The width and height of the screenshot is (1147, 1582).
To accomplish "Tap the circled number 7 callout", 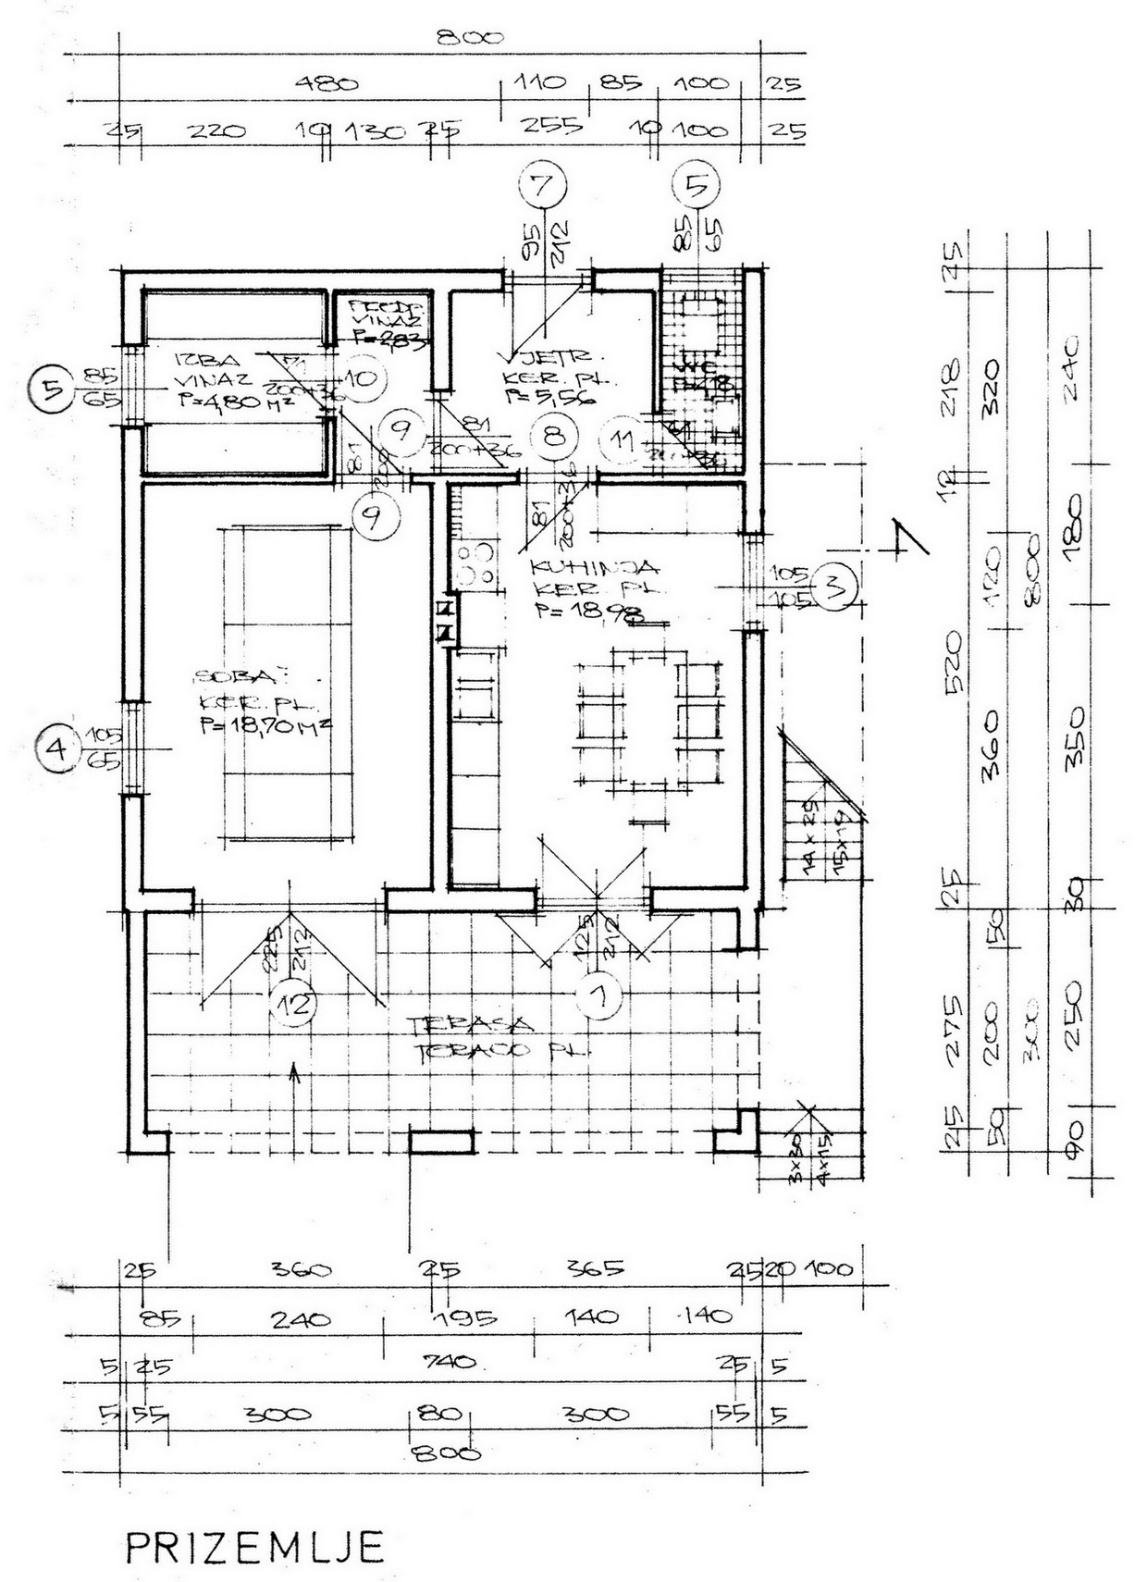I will pyautogui.click(x=542, y=185).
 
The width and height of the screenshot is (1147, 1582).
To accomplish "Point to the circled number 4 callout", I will pyautogui.click(x=58, y=747).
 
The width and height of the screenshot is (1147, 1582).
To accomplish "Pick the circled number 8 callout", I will pyautogui.click(x=554, y=435).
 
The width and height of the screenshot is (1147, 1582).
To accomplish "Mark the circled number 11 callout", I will pyautogui.click(x=627, y=440).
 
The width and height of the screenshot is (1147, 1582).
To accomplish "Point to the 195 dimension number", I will pyautogui.click(x=467, y=1316).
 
